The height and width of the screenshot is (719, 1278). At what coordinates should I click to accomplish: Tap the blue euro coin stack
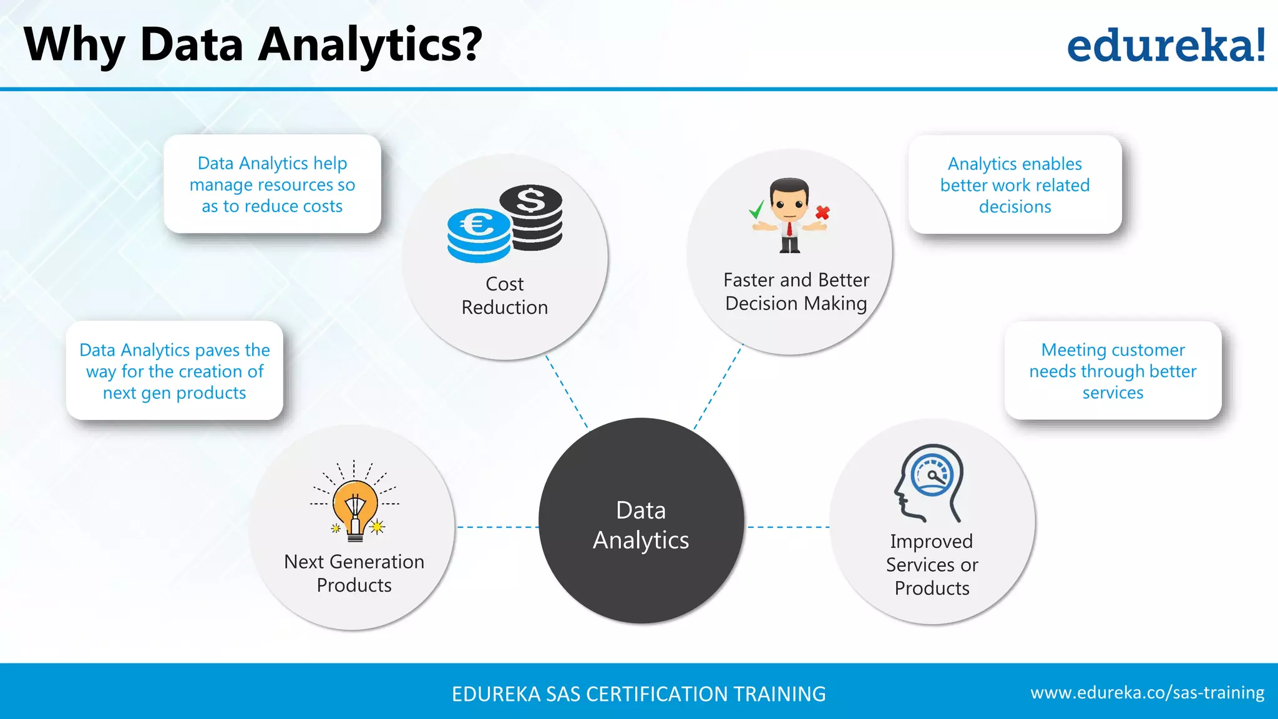[x=479, y=235]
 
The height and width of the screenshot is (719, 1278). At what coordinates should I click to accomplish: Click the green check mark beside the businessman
[x=757, y=210]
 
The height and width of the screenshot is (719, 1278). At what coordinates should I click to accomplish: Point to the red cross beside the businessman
[x=822, y=213]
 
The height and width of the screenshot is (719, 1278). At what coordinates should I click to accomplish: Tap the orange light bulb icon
[x=354, y=505]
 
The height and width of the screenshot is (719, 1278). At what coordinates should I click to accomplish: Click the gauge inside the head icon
[x=932, y=475]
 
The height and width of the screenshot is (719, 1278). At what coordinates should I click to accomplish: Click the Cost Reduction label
[x=504, y=295]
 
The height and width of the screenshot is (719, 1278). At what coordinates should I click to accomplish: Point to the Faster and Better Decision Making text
[x=796, y=291]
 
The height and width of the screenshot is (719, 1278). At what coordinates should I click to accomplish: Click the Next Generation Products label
[x=354, y=573]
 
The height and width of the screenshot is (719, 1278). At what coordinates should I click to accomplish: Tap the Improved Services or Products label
[x=932, y=564]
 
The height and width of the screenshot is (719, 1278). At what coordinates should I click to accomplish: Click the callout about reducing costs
[x=272, y=184]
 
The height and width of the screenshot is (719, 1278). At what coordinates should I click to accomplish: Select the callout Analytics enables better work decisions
[x=1015, y=185]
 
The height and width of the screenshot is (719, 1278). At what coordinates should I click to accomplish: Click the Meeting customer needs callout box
[x=1113, y=371]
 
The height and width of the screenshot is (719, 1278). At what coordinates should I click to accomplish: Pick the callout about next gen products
[x=175, y=371]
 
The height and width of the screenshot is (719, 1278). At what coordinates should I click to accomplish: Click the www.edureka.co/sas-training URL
[x=1147, y=692]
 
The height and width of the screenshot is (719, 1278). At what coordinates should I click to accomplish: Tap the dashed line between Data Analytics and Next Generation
[x=497, y=527]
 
